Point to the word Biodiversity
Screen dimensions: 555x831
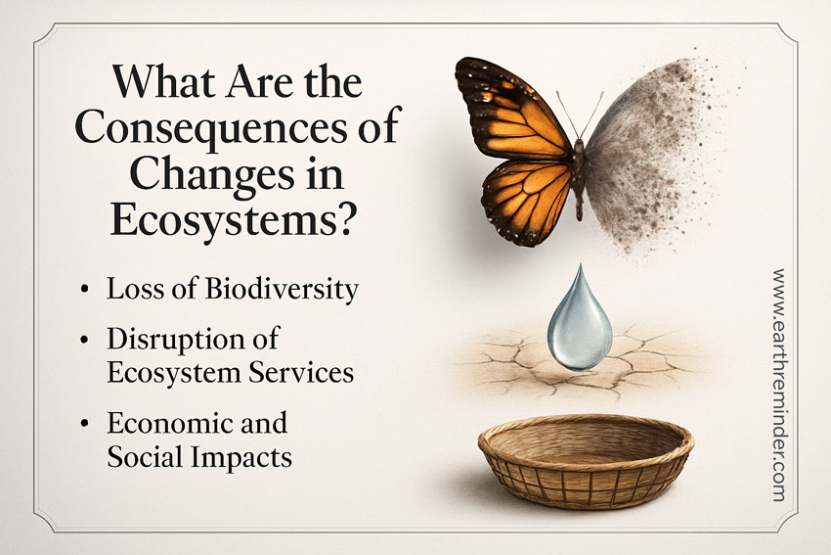[290, 291]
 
